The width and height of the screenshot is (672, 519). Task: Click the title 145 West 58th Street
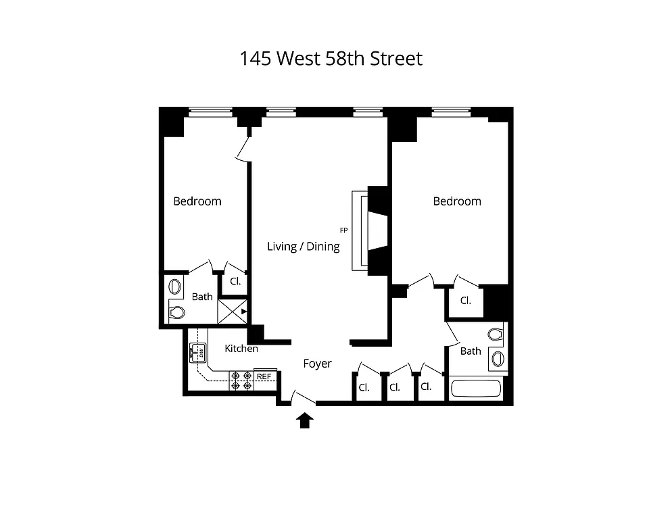coord(331,59)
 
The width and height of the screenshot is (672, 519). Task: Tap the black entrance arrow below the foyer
coord(305,421)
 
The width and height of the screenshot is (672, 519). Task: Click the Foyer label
coord(317,364)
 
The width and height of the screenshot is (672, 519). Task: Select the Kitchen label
coord(241,349)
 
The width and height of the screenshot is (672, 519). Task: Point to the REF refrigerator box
coord(264,376)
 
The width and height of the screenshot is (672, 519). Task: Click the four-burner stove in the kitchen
coord(242,380)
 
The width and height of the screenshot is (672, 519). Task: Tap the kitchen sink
coord(199,352)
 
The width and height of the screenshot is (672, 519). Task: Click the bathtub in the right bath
coord(476,390)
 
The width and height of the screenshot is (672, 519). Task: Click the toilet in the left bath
coord(176,313)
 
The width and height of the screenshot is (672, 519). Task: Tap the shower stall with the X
coord(232,312)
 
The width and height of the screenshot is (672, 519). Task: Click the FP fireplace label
coord(343,230)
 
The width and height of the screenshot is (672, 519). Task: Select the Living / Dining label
coord(304,247)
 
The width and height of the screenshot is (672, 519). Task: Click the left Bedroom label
coord(197,201)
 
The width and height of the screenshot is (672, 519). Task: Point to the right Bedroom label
coord(457,201)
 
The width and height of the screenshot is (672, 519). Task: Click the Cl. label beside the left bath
coord(236,281)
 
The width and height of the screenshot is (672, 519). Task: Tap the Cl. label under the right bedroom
coord(466,301)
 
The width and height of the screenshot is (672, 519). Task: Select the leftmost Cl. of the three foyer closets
coord(364,388)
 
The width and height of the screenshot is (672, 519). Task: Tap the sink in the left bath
coord(174,287)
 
